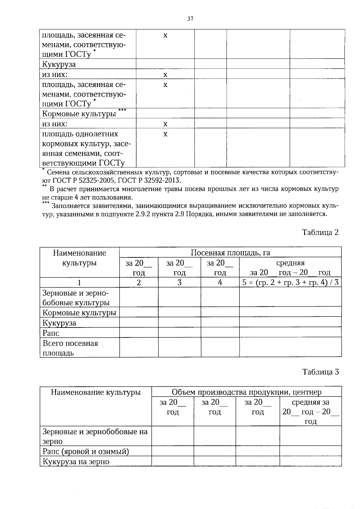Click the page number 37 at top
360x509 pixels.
click(190, 19)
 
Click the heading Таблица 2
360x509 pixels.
click(320, 232)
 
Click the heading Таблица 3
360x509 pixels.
click(320, 372)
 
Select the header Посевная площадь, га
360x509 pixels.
click(230, 253)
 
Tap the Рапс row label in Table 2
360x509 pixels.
click(51, 333)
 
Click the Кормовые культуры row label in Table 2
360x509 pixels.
click(79, 313)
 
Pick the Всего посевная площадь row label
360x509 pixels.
click(70, 348)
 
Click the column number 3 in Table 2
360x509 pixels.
click(179, 283)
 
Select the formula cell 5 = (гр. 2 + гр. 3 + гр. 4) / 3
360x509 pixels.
click(290, 283)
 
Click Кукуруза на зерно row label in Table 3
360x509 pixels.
click(76, 462)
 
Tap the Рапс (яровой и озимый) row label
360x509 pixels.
click(85, 451)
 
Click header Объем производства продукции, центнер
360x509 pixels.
click(246, 392)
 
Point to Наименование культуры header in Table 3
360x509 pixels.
click(96, 392)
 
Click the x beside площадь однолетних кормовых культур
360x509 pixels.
click(165, 134)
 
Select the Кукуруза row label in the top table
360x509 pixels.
click(59, 64)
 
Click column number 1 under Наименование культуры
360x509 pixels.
click(79, 283)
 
